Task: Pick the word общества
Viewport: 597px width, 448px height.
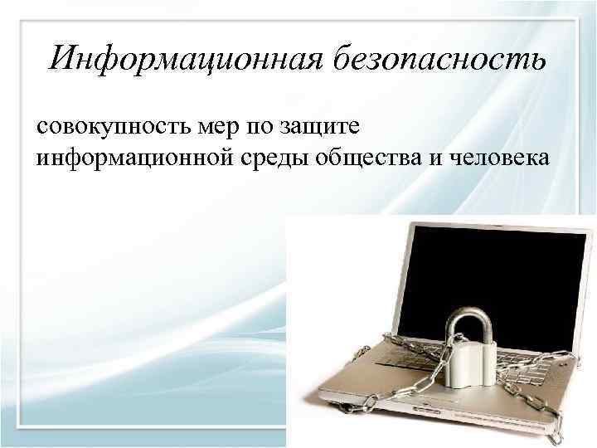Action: (370, 158)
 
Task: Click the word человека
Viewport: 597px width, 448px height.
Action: (498, 157)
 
